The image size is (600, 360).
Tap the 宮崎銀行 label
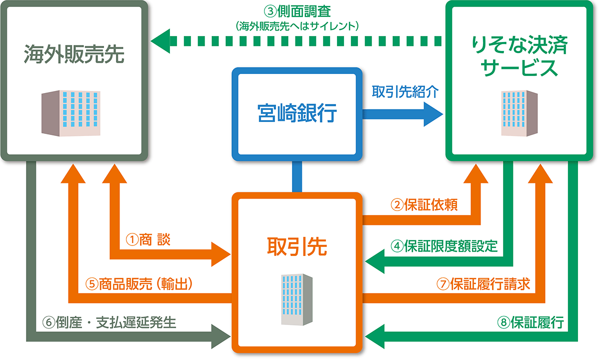[297, 113]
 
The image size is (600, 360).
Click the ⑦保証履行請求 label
[483, 283]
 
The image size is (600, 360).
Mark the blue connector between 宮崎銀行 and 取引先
[297, 177]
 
